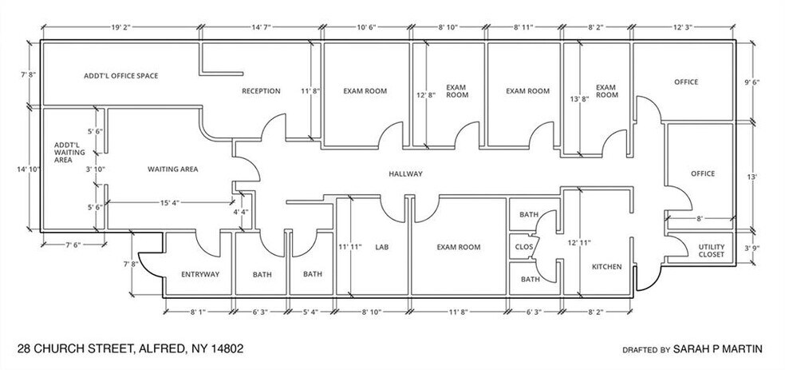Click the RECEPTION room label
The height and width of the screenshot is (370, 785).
[x=261, y=91]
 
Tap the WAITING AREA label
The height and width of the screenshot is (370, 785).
[x=172, y=169]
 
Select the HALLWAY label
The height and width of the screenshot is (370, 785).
[x=405, y=174]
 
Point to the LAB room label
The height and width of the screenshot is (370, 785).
[x=381, y=248]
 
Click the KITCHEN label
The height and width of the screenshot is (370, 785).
[x=606, y=266]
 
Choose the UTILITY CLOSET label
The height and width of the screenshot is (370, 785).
[x=711, y=250]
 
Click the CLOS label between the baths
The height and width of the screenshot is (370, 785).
[x=523, y=247]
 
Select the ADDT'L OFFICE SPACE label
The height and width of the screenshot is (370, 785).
[x=120, y=76]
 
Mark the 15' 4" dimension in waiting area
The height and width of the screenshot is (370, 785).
[x=168, y=202]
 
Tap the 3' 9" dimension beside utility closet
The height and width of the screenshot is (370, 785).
[x=752, y=249]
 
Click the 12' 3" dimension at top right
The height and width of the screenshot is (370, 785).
[x=684, y=26]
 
